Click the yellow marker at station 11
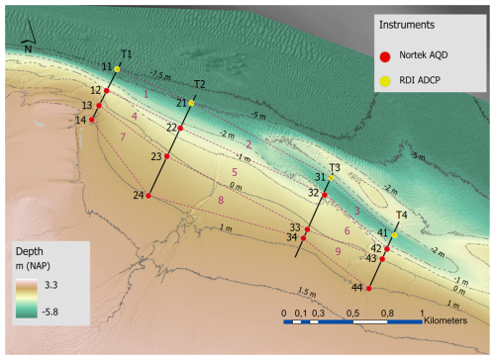tap(117, 68)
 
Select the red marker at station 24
tap(148, 196)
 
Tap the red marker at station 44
tap(368, 288)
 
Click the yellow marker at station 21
tap(192, 103)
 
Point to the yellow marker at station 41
tap(394, 235)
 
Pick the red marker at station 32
tap(325, 195)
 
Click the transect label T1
tap(127, 52)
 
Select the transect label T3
tap(335, 167)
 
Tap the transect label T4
tap(401, 215)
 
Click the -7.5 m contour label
tap(161, 74)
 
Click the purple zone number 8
tap(221, 201)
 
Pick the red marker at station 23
tap(167, 156)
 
